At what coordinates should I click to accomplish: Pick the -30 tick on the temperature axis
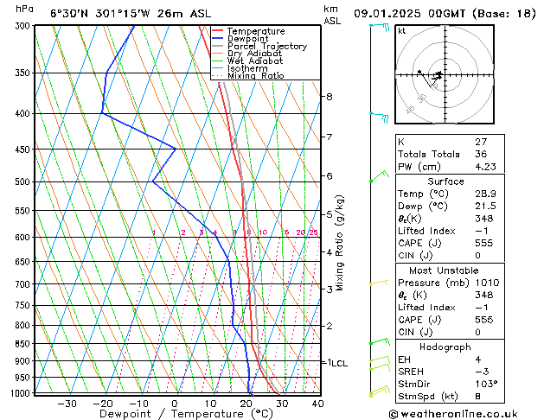(67, 404)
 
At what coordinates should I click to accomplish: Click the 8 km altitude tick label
(330, 97)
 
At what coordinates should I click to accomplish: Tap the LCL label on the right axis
(339, 364)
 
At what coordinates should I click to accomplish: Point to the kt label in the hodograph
(402, 31)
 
